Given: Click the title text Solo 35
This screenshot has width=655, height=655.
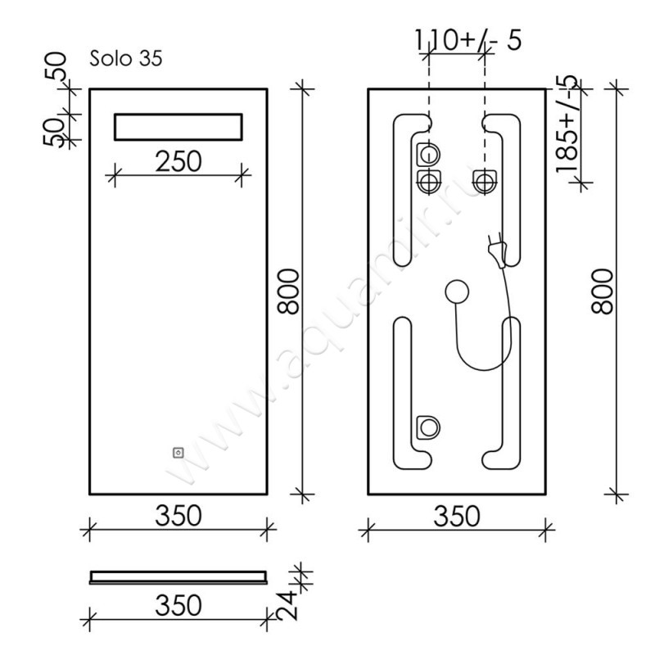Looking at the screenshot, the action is pos(126,58).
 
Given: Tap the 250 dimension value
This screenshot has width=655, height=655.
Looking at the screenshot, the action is pos(178,161).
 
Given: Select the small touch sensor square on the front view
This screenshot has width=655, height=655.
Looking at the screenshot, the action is pos(178,453).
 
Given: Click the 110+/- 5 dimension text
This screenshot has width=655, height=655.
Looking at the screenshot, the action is pos(468,40).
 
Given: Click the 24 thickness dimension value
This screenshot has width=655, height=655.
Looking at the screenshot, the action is pos(288,605).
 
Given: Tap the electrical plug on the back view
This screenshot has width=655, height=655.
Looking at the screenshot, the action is pos(498,251).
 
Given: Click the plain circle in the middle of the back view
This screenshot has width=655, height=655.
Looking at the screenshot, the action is pos(457,291).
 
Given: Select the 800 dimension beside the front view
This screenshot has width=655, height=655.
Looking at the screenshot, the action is pos(289,291).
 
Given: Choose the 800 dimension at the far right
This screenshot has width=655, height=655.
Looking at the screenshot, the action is pos(602,291).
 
